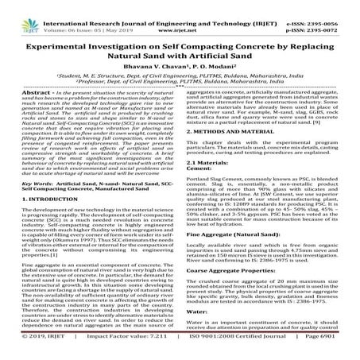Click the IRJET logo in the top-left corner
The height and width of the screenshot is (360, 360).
17,12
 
